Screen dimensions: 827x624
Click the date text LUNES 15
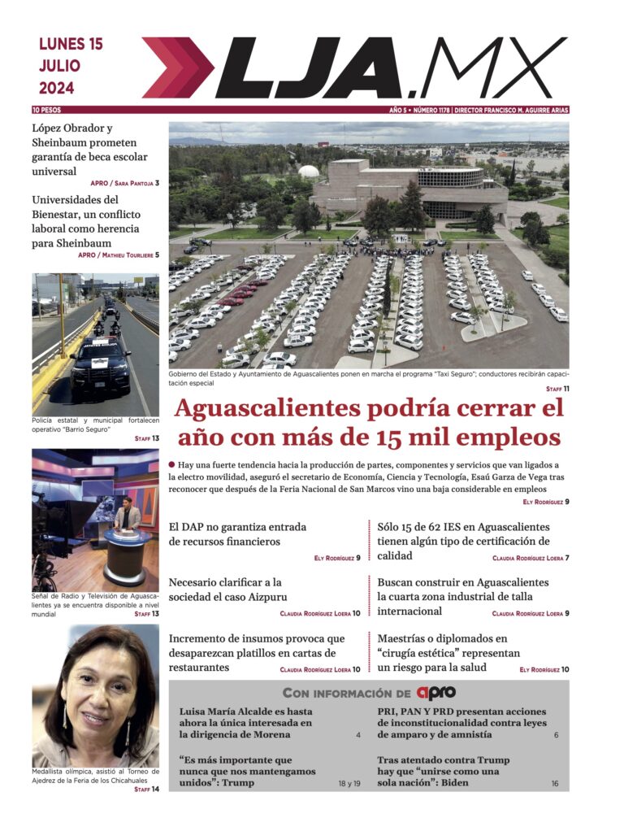(71, 45)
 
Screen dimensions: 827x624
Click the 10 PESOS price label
(47, 110)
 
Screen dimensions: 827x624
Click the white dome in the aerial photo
(309, 172)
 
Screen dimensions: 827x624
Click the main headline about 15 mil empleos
(368, 422)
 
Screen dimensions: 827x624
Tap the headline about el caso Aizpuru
(225, 590)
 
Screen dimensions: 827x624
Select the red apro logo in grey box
(436, 693)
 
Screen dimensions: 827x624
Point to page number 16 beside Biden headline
(555, 784)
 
